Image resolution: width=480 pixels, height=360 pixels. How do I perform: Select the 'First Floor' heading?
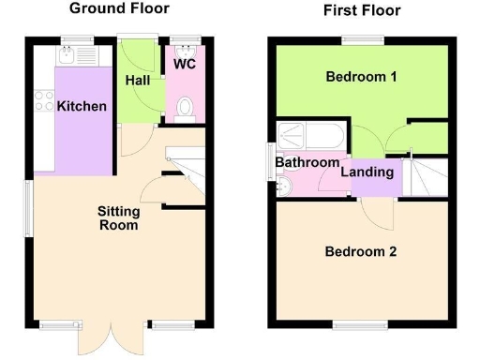point(361,10)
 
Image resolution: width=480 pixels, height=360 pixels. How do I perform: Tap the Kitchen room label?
point(82,107)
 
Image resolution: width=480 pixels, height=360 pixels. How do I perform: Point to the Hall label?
point(138,82)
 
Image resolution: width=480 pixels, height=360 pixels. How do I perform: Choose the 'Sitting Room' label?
point(118,217)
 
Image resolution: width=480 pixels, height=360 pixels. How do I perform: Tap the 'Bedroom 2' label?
point(361,251)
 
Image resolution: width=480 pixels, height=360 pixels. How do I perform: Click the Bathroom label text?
point(307,162)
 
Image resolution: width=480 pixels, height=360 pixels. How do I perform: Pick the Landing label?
point(366,172)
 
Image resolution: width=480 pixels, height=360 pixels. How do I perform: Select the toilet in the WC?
point(185,110)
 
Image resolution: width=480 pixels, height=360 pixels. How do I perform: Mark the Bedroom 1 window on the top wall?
point(360,39)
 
